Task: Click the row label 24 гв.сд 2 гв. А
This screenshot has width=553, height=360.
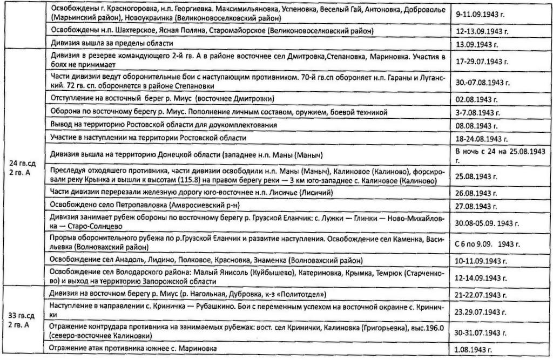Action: click(24, 167)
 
